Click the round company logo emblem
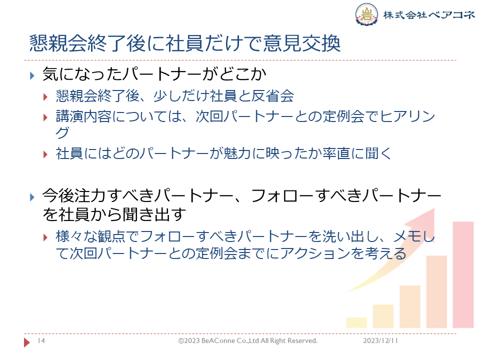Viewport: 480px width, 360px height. tap(366, 14)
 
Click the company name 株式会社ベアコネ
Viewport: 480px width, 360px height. tap(429, 14)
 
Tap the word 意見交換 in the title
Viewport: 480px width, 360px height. tap(301, 43)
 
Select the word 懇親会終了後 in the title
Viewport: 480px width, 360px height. tap(87, 43)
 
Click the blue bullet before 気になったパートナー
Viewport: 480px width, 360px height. tap(32, 75)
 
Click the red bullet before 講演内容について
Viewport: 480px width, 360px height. tap(45, 117)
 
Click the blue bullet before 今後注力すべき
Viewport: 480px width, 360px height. tap(32, 197)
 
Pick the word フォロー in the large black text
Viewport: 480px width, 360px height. tap(284, 196)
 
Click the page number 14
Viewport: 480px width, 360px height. tap(41, 340)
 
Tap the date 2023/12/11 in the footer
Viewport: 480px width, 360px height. tap(380, 340)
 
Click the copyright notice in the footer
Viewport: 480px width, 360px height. tap(248, 340)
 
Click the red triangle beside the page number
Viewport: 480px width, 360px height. tap(27, 342)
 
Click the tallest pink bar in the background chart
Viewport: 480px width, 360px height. tap(463, 274)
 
